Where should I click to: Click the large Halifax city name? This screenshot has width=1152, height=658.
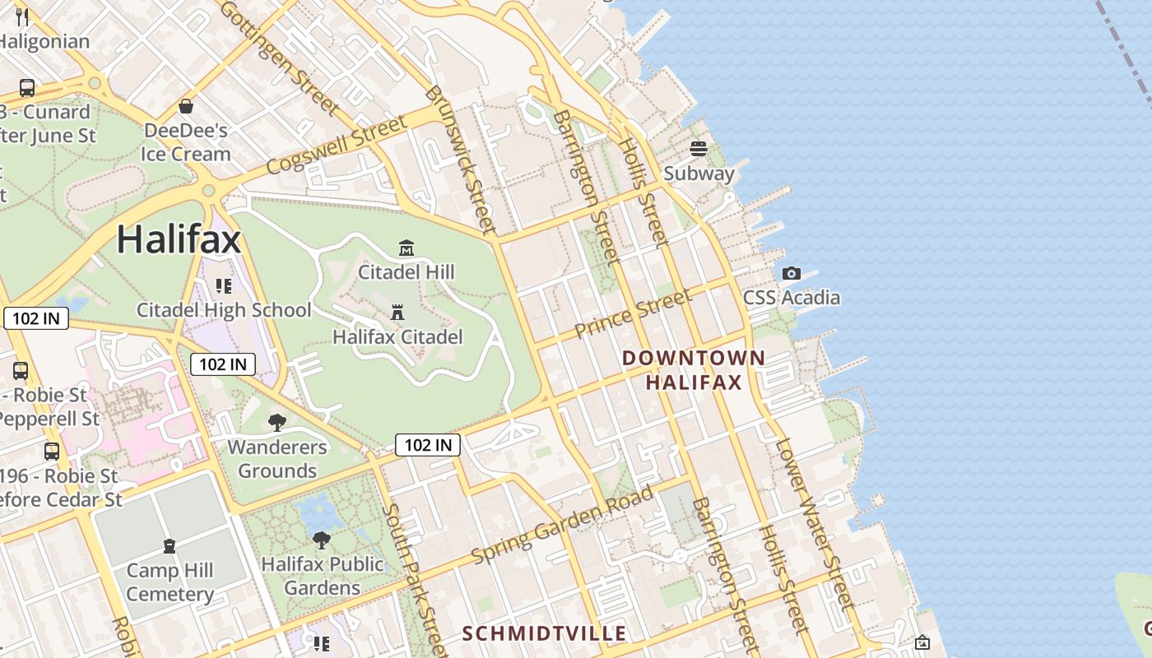tap(179, 239)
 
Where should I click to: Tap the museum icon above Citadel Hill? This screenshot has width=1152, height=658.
tap(406, 248)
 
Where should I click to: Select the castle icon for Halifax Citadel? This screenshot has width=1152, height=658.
tap(397, 313)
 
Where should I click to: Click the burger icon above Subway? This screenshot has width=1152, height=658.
tap(699, 149)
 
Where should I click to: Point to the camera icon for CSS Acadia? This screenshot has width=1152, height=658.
tap(792, 273)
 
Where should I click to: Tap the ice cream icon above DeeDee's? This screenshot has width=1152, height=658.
tap(186, 106)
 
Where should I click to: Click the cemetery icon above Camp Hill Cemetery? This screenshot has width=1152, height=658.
tap(170, 546)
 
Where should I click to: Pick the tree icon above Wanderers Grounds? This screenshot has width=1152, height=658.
tap(277, 423)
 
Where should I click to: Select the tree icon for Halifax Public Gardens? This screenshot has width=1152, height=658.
tap(322, 540)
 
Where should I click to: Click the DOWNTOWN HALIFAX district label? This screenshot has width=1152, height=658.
tap(694, 370)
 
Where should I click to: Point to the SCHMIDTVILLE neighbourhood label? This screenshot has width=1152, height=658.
tap(544, 633)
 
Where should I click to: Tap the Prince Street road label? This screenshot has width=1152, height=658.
tap(633, 314)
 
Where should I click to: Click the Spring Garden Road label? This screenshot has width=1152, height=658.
tap(563, 525)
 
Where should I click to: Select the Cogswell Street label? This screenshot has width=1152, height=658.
tap(337, 146)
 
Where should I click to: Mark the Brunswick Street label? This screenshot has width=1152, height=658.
tap(461, 160)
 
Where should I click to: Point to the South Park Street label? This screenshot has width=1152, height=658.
tap(415, 580)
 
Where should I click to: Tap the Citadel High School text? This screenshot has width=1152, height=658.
tap(224, 310)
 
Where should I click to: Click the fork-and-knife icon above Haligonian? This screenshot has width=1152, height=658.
tap(22, 16)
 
